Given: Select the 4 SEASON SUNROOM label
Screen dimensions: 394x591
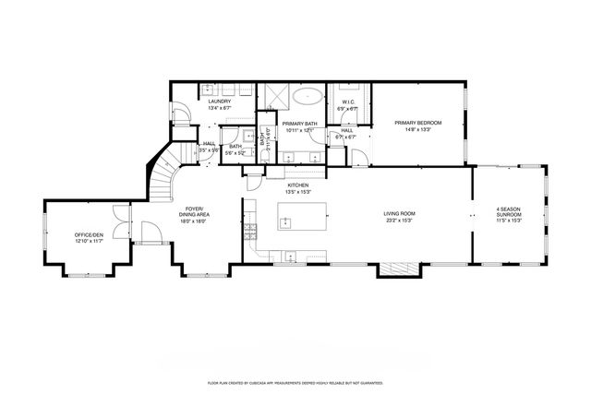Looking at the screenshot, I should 510,212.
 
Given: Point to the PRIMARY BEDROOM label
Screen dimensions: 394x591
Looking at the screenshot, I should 418,123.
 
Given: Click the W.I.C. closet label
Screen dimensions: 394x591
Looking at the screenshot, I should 349,102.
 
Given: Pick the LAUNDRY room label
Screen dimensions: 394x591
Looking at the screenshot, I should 220,102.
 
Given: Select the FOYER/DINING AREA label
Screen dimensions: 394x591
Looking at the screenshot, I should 192,212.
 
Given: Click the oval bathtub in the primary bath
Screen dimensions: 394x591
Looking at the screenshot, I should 308,95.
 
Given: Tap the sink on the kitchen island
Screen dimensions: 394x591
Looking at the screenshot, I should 286,221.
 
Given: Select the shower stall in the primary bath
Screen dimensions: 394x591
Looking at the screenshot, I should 274,96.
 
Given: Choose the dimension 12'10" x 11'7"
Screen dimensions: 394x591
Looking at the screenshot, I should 89,241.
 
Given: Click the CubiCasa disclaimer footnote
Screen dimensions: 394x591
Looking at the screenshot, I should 295,381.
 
